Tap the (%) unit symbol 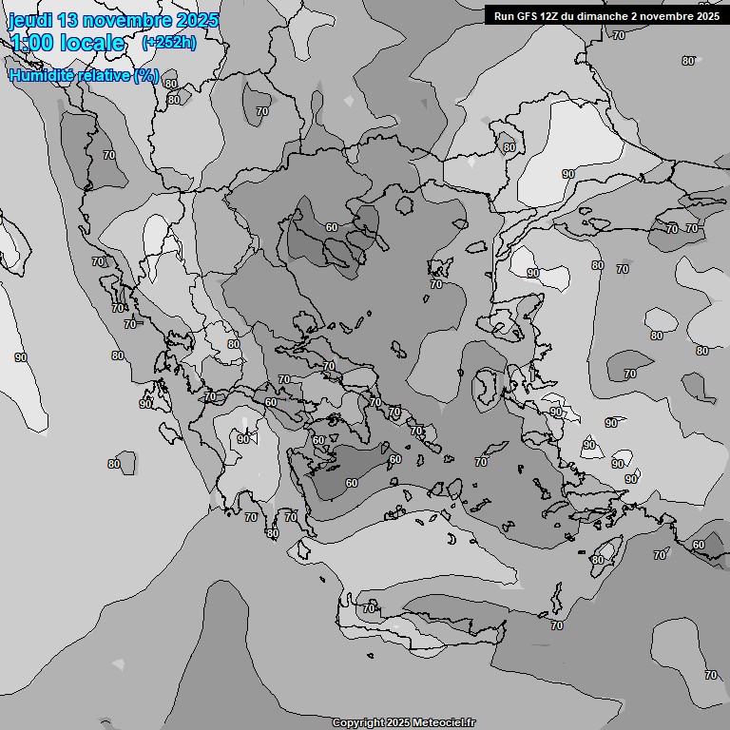click(x=146, y=75)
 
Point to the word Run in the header click(x=504, y=15)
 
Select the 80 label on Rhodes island click(x=597, y=560)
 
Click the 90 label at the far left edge click(x=21, y=357)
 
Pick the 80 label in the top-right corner click(x=688, y=61)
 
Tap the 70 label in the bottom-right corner click(x=711, y=675)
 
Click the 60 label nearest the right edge click(x=699, y=545)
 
